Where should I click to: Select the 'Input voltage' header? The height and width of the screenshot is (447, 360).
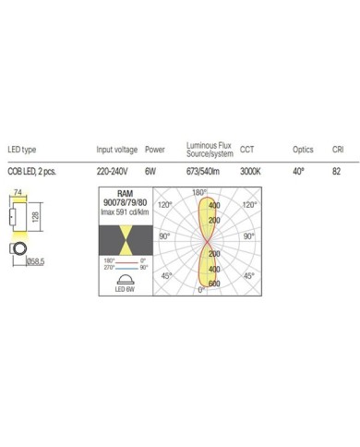click(x=116, y=149)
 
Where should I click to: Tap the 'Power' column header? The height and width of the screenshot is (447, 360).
click(x=157, y=149)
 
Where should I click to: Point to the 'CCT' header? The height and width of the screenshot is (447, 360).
click(x=246, y=149)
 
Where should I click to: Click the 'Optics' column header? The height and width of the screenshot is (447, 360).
click(x=303, y=149)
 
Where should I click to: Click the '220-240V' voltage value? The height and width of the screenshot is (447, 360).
click(x=113, y=171)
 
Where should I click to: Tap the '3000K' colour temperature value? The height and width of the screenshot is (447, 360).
click(x=251, y=171)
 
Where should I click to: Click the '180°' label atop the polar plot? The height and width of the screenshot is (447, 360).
click(x=197, y=192)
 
